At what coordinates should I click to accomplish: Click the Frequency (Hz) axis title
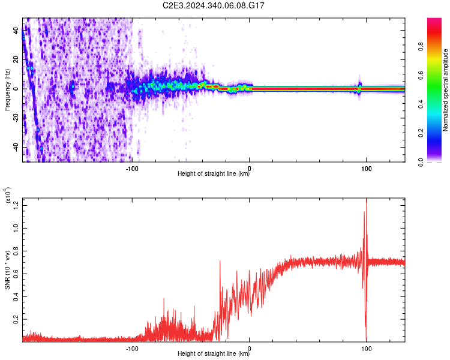[x=7, y=90]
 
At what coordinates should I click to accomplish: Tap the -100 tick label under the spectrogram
[x=132, y=167]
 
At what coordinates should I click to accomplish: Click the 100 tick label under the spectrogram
[x=366, y=167]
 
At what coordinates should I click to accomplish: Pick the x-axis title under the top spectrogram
[x=214, y=175]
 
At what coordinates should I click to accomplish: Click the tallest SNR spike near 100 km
[x=366, y=201]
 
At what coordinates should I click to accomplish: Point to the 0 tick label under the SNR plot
[x=249, y=348]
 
